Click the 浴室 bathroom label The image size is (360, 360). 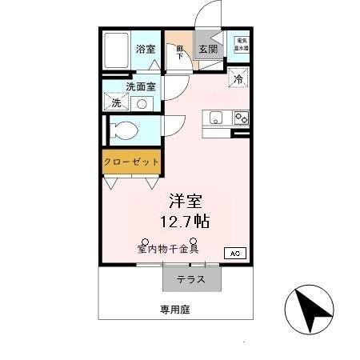[146, 49]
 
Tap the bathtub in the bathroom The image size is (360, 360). [117, 52]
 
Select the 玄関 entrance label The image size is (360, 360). [208, 49]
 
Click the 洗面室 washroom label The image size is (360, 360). [140, 86]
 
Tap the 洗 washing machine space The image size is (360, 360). [117, 102]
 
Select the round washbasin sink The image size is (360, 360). [142, 103]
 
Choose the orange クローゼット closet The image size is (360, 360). [131, 162]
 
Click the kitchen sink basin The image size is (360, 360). [217, 118]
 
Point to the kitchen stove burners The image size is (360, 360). [241, 118]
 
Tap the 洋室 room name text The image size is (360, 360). [183, 200]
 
